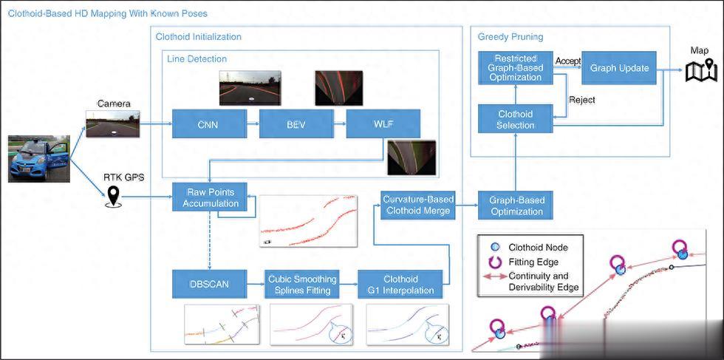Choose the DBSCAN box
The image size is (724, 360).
[209, 285]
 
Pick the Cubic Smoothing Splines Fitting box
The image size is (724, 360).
[301, 285]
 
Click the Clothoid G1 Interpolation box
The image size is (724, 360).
[400, 285]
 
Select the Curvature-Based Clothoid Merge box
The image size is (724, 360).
[418, 204]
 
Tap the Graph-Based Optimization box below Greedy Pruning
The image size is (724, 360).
[516, 204]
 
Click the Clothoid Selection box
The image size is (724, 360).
[516, 120]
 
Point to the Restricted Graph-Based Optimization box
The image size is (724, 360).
[516, 67]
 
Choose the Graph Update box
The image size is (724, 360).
[619, 68]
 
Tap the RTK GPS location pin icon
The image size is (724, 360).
[113, 196]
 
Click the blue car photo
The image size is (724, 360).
[38, 158]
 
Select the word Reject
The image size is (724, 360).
[581, 100]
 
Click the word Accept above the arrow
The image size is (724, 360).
[567, 61]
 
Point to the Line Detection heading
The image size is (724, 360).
[197, 58]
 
